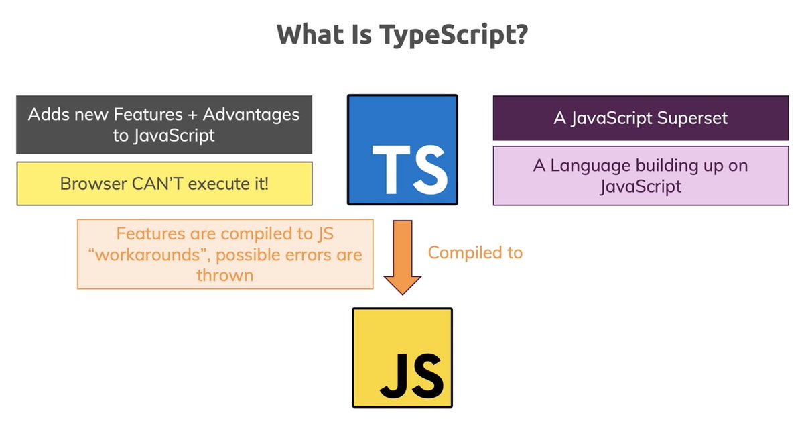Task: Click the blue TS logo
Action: (402, 150)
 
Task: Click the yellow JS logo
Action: (403, 357)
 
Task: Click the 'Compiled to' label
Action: (475, 252)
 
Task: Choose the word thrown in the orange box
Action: (224, 274)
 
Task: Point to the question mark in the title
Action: (520, 35)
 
